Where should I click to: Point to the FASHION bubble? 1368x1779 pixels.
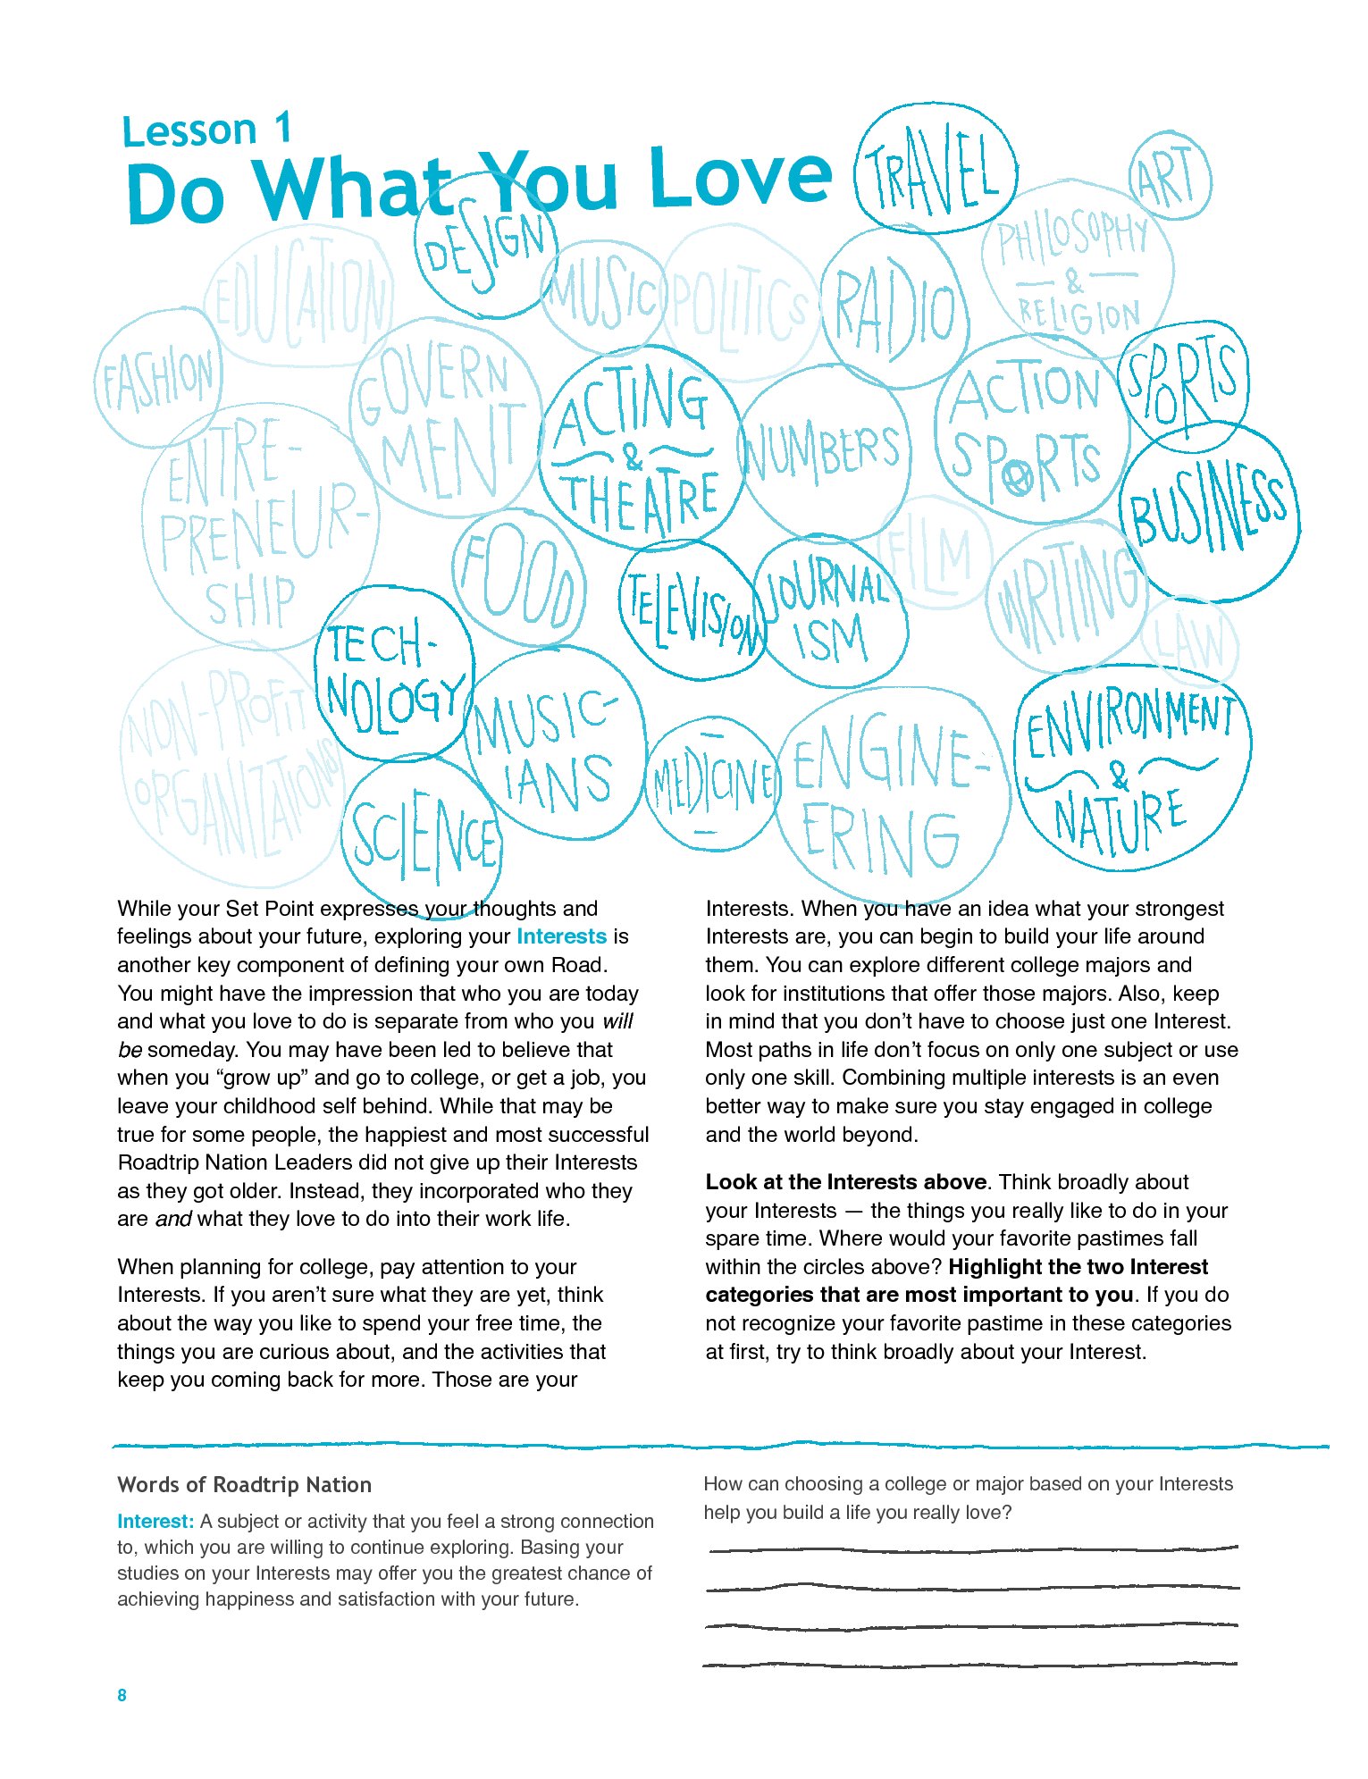tap(158, 378)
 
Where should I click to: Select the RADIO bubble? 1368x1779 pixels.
tap(894, 310)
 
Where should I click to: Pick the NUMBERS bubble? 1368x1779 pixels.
tap(822, 452)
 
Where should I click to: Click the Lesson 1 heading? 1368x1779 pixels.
tap(207, 130)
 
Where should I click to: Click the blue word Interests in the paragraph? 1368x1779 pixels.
tap(561, 936)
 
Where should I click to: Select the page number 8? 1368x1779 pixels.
tap(122, 1695)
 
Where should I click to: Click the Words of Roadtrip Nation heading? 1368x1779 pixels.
tap(244, 1485)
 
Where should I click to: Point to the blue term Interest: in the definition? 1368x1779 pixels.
tap(155, 1522)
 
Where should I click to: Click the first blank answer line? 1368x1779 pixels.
tap(972, 1548)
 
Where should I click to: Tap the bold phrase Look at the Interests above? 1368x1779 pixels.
tap(845, 1182)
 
